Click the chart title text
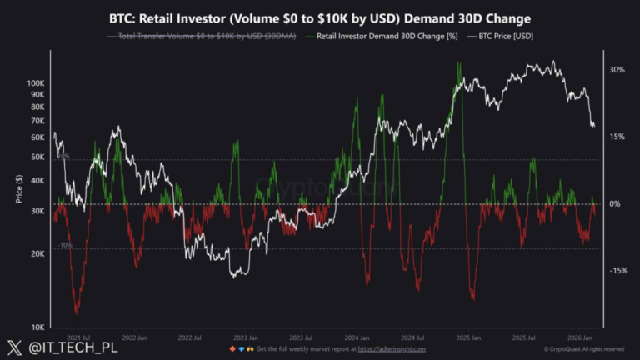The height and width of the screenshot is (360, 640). pyautogui.click(x=320, y=17)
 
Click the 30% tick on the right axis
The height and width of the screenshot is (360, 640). pyautogui.click(x=617, y=70)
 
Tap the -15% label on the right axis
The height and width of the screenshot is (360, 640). pyautogui.click(x=617, y=271)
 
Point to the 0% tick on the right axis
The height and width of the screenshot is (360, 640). pyautogui.click(x=614, y=204)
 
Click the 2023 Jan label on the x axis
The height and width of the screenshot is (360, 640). pyautogui.click(x=246, y=338)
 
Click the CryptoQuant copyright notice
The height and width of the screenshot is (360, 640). pyautogui.click(x=582, y=349)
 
